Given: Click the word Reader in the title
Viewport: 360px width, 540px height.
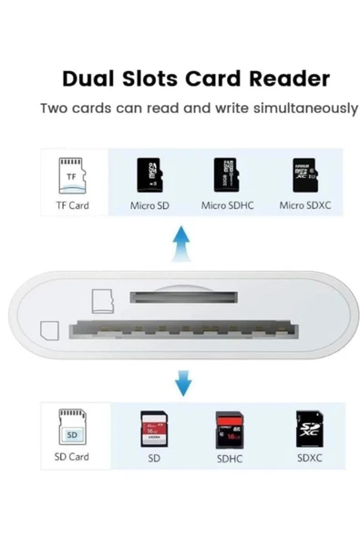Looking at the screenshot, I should [x=284, y=78].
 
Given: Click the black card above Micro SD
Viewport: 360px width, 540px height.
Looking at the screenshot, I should [x=149, y=174].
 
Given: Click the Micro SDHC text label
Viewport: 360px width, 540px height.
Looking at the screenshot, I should [x=226, y=206].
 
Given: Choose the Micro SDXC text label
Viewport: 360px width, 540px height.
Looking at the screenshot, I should [x=303, y=206].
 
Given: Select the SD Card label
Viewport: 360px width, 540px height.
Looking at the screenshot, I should [x=71, y=457].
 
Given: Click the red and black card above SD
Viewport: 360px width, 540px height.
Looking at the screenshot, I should [x=153, y=426].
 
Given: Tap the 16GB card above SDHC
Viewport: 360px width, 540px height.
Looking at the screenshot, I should [x=230, y=426].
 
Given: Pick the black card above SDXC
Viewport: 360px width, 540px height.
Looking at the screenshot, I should [x=308, y=426].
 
